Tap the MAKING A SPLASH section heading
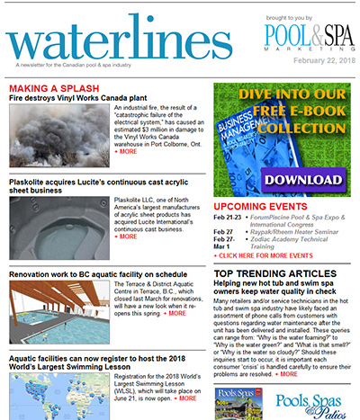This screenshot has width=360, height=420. (x=53, y=87)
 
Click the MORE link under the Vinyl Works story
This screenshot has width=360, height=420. (x=127, y=152)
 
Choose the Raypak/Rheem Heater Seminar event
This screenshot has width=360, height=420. (x=289, y=231)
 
